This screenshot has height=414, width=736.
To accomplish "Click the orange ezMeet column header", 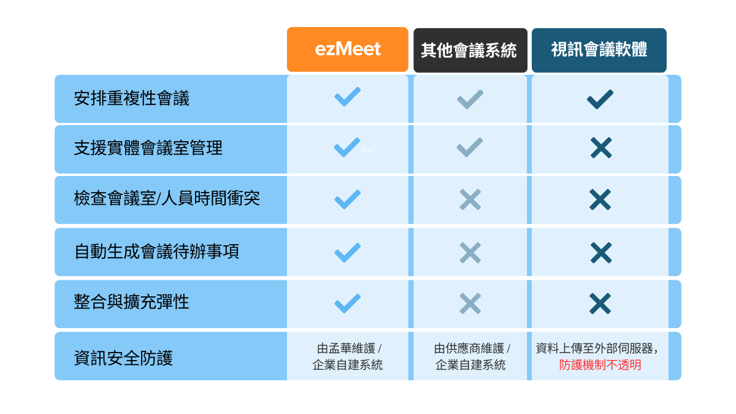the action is (347, 49).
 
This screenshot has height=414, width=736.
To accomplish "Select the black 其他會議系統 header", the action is (470, 50).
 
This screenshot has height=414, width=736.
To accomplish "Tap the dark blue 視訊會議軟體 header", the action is (599, 50).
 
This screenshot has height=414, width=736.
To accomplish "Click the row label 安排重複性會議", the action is (131, 98).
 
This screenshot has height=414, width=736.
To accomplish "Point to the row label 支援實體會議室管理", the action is (148, 148).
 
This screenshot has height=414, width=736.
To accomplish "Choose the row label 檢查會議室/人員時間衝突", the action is (167, 198).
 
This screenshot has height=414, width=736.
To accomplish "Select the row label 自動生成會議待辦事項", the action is (157, 251).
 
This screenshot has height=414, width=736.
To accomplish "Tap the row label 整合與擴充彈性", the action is (131, 302).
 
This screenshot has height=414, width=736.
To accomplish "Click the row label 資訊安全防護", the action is (123, 358).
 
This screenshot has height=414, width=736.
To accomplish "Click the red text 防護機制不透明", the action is (600, 365).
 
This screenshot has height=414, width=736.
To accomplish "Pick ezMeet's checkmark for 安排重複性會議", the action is (347, 97).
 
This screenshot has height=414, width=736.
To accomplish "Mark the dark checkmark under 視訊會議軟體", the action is (600, 99).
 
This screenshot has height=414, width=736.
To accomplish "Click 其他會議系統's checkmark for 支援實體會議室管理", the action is (470, 147).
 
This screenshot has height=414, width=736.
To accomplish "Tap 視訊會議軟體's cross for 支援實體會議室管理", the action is (601, 148).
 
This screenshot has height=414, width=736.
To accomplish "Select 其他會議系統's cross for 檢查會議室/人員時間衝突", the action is (470, 199).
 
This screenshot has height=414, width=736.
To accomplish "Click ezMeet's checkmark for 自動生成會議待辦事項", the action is (347, 253).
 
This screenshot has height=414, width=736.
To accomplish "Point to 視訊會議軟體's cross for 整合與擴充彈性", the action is (600, 304).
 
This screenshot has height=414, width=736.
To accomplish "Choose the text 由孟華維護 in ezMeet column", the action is (346, 348).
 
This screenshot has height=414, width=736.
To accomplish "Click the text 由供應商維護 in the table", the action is (469, 348).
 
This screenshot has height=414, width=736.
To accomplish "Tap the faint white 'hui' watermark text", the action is (368, 150).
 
